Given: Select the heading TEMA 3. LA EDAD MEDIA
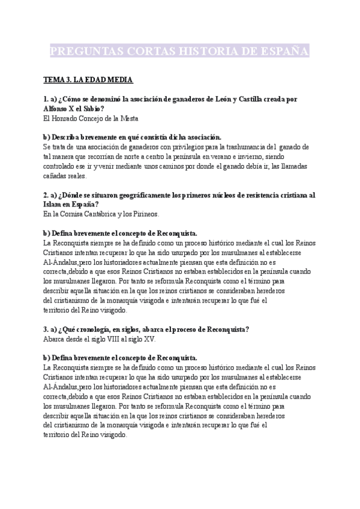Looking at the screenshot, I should point(88,79).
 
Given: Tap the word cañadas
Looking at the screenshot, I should point(56,176).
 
